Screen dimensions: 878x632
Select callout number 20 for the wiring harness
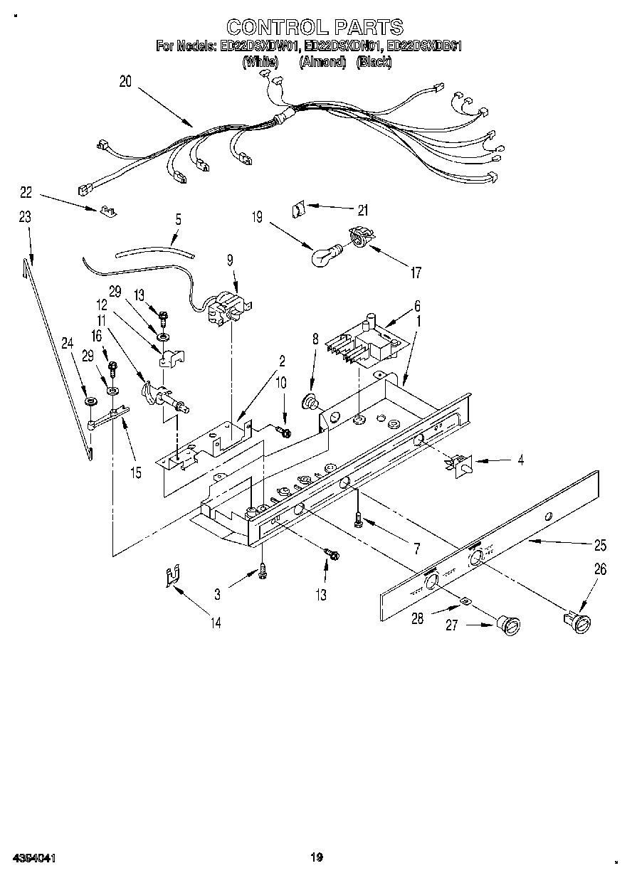click(x=125, y=82)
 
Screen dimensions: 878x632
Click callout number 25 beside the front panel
click(x=600, y=546)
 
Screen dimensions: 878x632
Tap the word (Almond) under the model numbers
click(x=322, y=62)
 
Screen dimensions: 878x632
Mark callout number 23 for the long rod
click(x=25, y=218)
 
